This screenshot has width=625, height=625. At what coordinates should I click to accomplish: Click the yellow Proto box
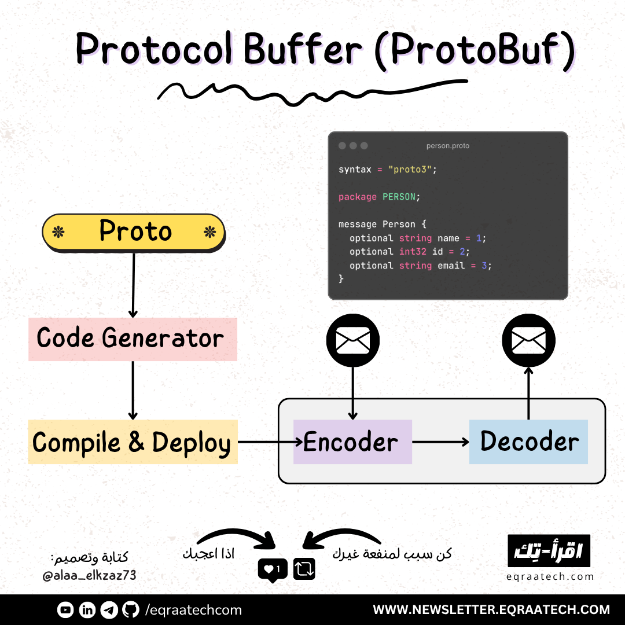134,233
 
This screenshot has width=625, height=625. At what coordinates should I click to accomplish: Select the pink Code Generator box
133,339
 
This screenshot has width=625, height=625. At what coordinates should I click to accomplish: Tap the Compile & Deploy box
133,442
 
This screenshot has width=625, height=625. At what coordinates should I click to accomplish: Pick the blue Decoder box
528,442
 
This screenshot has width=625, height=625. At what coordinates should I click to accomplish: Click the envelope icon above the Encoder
353,340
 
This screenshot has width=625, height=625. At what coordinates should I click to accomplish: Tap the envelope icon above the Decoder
528,340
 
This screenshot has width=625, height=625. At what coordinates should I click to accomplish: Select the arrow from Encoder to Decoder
440,442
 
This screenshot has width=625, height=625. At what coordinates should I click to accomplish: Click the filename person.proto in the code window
448,146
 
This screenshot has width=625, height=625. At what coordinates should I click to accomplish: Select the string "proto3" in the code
410,170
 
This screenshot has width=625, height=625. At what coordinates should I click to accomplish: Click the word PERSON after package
399,197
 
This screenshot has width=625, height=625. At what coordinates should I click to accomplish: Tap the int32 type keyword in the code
413,252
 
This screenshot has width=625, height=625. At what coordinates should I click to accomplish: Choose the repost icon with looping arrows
304,569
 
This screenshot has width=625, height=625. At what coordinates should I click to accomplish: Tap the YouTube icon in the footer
65,610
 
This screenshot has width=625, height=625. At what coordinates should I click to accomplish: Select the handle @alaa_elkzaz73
90,575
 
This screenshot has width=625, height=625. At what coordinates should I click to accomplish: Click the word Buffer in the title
303,50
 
